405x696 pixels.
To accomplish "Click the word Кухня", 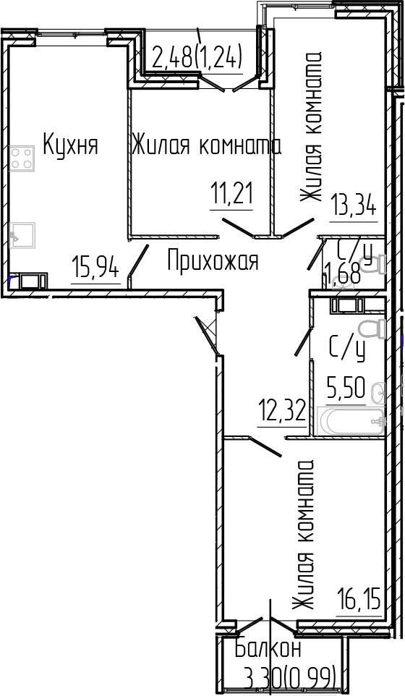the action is point(71,145).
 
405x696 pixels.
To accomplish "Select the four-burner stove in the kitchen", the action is point(22,158).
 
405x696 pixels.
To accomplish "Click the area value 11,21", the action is point(231,194).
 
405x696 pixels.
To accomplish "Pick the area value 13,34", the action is point(353,205).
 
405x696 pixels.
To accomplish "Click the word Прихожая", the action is point(213,260).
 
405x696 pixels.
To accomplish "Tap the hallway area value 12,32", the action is point(282,411).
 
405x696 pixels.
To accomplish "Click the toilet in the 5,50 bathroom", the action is point(372,329).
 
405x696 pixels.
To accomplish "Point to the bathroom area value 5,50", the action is point(346,389).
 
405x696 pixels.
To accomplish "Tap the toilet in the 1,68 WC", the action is point(372,264).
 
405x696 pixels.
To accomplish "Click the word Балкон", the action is point(267,649).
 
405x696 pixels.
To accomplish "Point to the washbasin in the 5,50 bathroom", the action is point(378,393).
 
